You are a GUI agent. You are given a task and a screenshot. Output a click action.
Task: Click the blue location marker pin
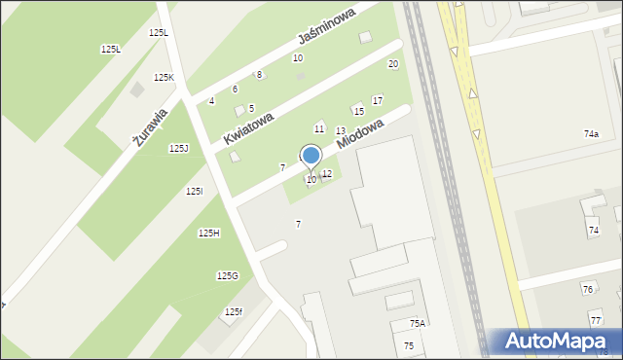311,156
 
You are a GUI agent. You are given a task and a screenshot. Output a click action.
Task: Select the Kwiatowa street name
248,127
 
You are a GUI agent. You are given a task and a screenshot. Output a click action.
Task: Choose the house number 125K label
164,77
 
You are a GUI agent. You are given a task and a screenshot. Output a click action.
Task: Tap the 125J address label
178,148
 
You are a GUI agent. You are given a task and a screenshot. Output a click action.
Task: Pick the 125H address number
208,233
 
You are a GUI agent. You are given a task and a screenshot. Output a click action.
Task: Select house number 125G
227,275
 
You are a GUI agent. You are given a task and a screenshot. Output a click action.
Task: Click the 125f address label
233,311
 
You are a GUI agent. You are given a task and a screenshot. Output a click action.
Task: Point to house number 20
393,64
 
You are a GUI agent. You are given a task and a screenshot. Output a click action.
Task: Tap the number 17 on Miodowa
378,100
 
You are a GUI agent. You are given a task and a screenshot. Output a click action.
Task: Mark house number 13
341,130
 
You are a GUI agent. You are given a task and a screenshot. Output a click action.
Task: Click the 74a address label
591,133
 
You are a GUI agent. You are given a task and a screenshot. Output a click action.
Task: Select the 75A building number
417,323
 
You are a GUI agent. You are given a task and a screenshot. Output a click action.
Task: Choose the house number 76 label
587,289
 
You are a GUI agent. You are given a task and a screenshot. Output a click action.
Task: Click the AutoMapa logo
561,341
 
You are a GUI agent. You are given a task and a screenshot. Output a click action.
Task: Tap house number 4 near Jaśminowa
211,101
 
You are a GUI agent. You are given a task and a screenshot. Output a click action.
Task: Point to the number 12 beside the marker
327,173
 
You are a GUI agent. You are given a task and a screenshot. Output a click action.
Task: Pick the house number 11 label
318,128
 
